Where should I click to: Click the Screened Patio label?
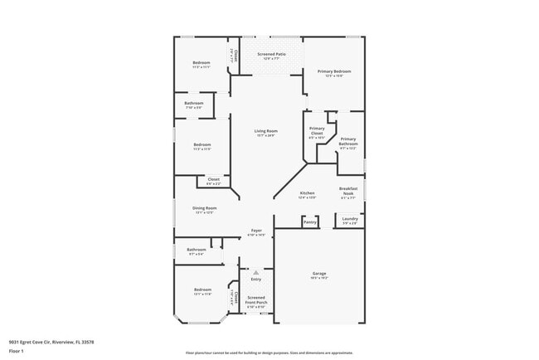271,55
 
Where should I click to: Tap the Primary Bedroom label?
334,72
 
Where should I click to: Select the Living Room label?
265,131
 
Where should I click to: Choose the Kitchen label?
307,193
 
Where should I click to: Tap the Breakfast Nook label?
347,191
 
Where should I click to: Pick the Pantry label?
309,222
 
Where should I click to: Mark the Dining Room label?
205,208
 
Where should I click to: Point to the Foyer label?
256,231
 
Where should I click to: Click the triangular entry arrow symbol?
256,271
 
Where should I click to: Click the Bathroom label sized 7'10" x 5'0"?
193,104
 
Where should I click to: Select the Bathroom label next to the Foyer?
196,250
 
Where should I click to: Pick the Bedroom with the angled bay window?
202,290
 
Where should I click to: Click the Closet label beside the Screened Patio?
236,56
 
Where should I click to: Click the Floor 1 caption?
17,351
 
